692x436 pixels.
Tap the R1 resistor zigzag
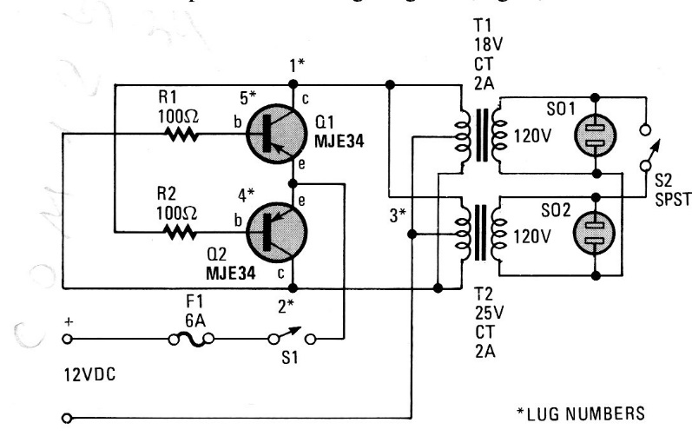181,136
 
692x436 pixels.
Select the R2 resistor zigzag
181,232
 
